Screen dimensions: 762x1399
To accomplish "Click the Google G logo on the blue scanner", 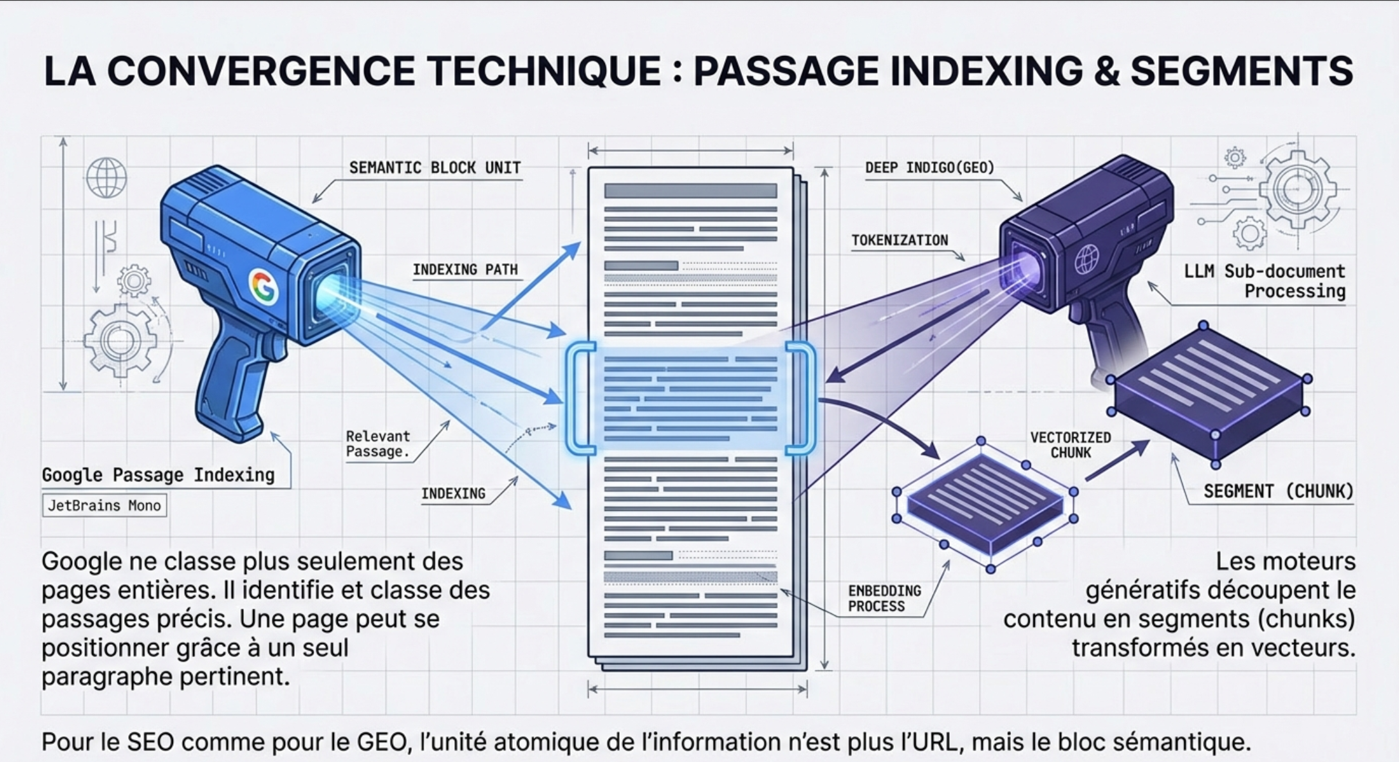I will point(264,287).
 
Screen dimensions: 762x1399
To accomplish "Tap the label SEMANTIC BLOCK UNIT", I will point(435,168).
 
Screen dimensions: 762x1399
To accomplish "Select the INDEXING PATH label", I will point(465,270).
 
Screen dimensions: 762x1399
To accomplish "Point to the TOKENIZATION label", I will point(900,241).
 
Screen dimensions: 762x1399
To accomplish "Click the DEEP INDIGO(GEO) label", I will point(930,168).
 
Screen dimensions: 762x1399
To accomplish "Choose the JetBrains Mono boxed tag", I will point(104,506).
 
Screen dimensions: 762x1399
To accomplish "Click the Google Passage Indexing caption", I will point(158,475).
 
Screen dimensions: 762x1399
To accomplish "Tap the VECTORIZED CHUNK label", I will point(1071,445).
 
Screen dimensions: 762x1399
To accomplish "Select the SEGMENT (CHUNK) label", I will point(1278,492).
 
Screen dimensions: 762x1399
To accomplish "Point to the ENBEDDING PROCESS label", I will point(884,599).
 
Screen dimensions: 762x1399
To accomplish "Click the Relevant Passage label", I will point(378,444).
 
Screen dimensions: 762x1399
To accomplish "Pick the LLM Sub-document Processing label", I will point(1265,281).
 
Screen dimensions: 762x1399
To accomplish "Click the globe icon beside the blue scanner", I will point(106,178).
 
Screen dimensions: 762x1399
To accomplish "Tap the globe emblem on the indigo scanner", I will point(1087,260).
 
